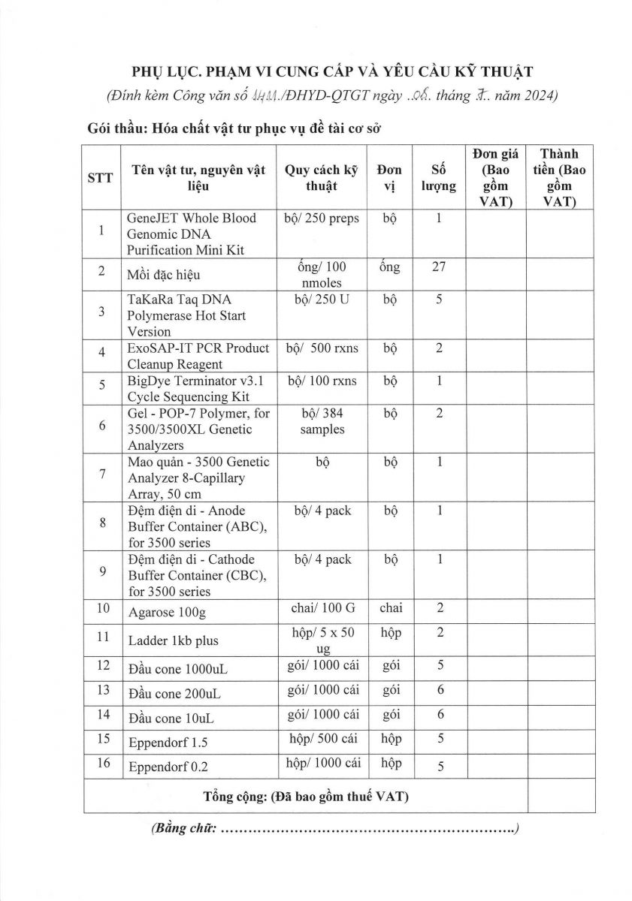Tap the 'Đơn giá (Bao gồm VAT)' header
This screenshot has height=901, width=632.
(x=495, y=177)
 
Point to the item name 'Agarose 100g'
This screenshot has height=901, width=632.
(x=167, y=612)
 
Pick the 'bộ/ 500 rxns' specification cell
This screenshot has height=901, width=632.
(x=323, y=348)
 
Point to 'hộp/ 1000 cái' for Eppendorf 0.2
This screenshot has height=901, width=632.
(x=323, y=763)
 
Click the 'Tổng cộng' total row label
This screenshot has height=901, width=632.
(x=306, y=796)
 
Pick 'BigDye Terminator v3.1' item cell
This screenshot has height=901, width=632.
(x=188, y=381)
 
